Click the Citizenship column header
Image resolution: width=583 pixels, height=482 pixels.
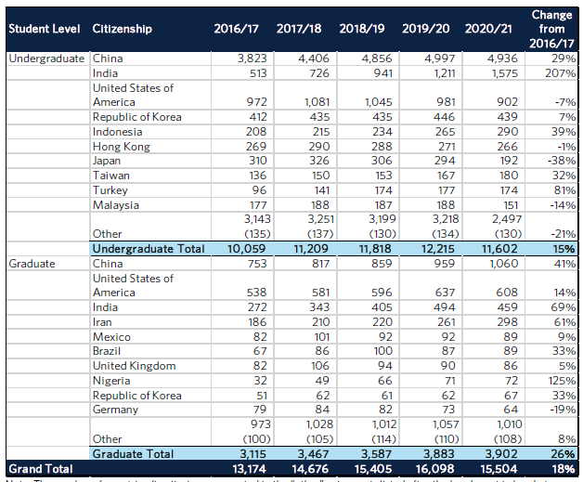click(x=122, y=29)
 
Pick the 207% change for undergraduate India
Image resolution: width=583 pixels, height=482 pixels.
click(x=560, y=72)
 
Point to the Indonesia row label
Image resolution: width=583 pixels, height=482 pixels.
click(x=117, y=131)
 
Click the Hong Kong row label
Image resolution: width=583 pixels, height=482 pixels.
click(x=120, y=146)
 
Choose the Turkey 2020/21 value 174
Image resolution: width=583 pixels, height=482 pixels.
click(x=490, y=189)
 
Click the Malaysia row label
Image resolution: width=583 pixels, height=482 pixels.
click(x=115, y=204)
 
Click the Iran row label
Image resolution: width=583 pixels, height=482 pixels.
click(x=103, y=321)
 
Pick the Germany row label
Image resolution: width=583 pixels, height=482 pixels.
click(x=115, y=410)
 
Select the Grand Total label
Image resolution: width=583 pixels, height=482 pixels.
click(x=39, y=468)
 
